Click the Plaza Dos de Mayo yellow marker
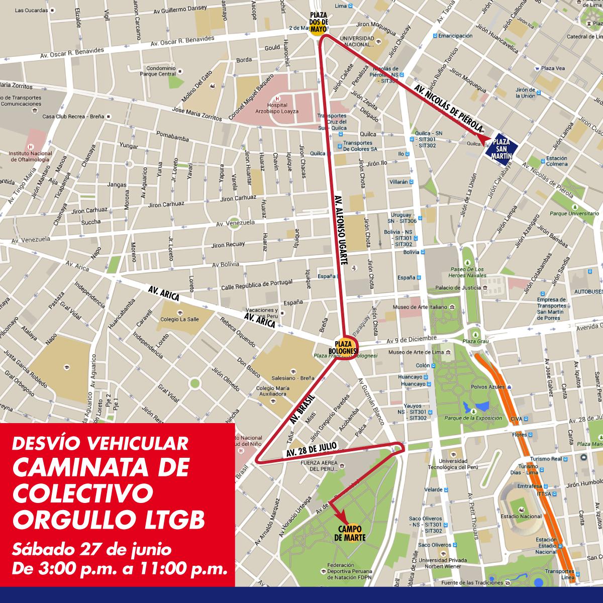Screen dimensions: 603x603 point(319,24)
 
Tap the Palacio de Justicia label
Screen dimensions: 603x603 point(458,288)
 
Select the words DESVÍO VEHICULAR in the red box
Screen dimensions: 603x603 point(100,443)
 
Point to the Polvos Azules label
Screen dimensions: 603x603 point(487,387)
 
